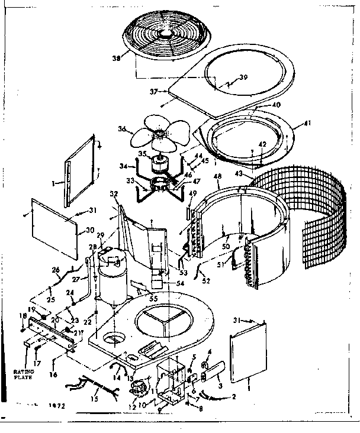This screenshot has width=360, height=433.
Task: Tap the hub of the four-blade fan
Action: (159, 137)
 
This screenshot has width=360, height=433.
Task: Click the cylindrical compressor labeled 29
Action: (110, 278)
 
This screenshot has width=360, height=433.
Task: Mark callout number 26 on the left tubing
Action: (56, 271)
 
